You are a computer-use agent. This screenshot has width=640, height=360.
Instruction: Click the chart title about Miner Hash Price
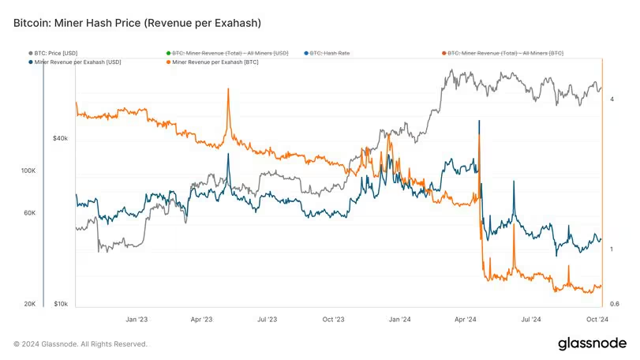[137, 23]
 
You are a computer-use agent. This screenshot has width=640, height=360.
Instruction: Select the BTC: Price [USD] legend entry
[53, 53]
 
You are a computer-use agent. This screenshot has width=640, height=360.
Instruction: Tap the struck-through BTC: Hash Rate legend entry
[327, 53]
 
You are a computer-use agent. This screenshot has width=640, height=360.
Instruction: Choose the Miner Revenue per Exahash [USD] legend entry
[75, 62]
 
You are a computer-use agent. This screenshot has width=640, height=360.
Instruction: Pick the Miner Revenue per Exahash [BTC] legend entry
[212, 62]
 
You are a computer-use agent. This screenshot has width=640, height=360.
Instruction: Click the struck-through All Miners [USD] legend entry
[227, 53]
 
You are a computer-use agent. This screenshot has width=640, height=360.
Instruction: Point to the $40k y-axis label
[61, 138]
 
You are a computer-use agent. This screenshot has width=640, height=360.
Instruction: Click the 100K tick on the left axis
[28, 171]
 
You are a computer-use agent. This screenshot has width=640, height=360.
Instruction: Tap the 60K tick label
[30, 213]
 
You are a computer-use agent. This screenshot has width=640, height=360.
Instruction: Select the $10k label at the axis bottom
[61, 304]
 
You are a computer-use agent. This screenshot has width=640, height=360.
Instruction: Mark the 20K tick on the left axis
[30, 304]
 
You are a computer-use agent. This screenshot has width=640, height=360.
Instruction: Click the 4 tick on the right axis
[612, 99]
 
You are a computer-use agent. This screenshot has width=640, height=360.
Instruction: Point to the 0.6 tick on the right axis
[614, 304]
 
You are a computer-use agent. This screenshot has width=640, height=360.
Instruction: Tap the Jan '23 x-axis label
[137, 319]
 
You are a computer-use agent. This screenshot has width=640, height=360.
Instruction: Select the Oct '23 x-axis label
[334, 319]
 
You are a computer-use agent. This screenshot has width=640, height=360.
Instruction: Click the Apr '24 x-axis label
[466, 319]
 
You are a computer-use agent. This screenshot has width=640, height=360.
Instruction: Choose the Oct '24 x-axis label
[597, 319]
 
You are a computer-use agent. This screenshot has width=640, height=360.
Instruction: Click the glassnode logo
[592, 343]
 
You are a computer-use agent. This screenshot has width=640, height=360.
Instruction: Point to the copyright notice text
[80, 344]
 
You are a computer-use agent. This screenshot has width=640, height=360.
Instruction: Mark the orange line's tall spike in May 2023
[228, 89]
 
